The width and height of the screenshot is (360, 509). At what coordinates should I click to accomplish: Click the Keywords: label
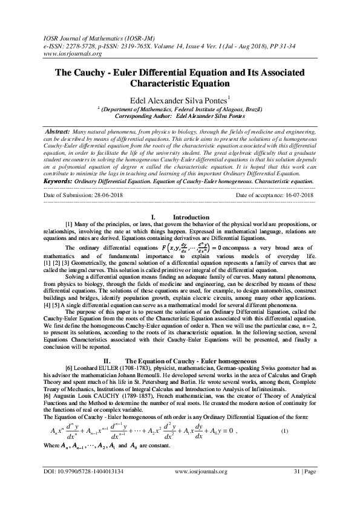point(63,180)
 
